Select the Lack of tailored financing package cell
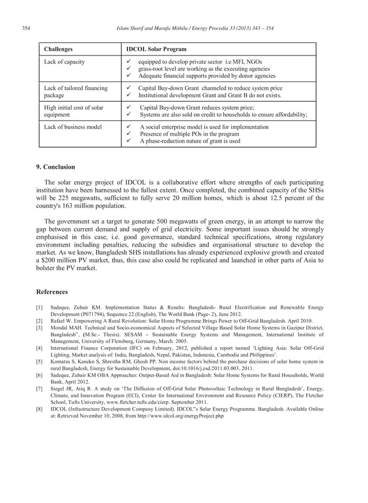point(76,91)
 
